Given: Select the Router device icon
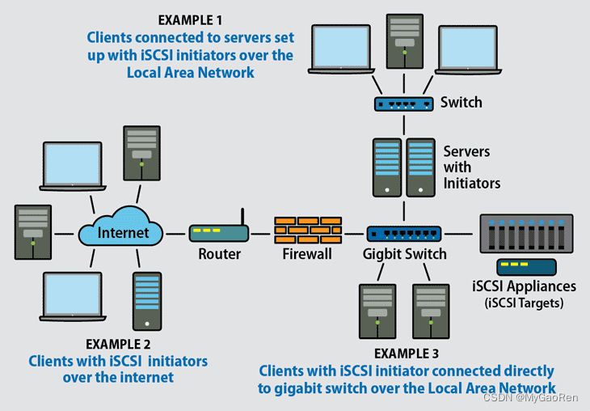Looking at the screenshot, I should (x=219, y=233).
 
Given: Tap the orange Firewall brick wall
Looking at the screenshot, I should (x=307, y=231).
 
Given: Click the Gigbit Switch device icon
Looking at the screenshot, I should (x=404, y=234).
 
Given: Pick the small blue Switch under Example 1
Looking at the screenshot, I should (x=404, y=104).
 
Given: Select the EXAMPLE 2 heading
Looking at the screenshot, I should (x=118, y=344).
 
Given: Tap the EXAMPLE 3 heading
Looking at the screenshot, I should (x=407, y=354).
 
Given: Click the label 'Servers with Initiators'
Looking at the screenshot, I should (x=471, y=167).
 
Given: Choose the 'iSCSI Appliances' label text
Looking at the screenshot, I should (x=524, y=286).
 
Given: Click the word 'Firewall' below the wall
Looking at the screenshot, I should (x=307, y=254).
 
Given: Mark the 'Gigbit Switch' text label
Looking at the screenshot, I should (x=404, y=254).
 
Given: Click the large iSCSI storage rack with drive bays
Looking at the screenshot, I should (x=526, y=233).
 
